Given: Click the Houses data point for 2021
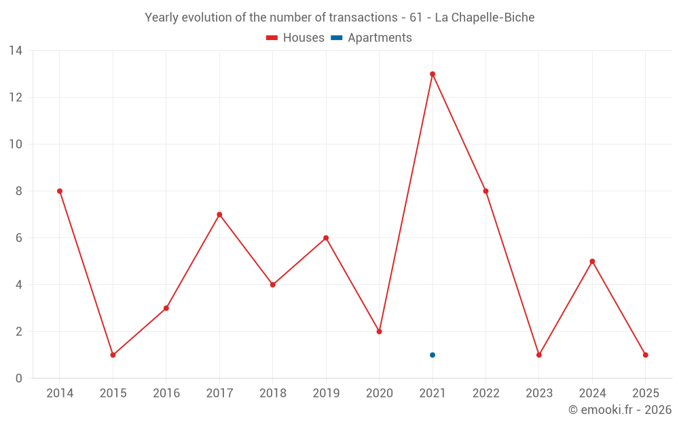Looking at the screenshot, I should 433,74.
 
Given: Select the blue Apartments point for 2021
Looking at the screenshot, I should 433,355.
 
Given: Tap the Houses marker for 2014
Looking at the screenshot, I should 60,191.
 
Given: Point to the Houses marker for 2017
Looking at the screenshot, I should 219,214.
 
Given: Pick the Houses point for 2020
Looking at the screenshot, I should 379,332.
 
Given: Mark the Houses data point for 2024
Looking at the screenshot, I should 592,261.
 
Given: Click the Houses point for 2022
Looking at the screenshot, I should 485,191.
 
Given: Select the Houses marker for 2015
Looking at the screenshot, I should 113,355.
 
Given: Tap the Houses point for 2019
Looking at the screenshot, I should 326,238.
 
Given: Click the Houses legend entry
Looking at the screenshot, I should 295,38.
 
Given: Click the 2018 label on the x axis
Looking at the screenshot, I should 272,393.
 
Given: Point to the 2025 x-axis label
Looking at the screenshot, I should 645,393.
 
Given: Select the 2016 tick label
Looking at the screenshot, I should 166,393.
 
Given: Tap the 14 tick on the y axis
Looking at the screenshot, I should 16,51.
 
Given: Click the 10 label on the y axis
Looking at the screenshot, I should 16,144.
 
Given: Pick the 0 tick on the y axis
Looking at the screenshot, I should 19,379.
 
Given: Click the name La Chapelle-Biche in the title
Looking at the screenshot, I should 484,18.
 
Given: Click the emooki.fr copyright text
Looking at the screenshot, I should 620,410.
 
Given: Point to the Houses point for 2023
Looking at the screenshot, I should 539,355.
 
